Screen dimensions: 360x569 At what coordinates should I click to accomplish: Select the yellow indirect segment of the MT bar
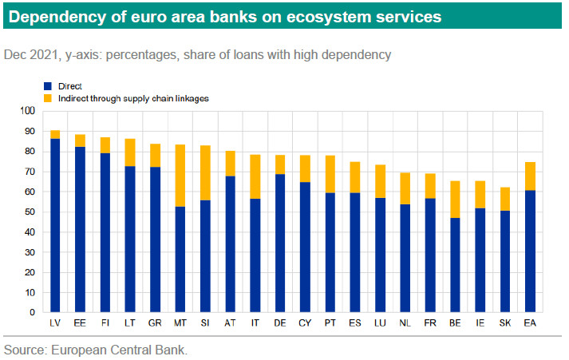[x=181, y=176]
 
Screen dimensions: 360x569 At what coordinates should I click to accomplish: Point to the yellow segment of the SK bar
[x=504, y=199]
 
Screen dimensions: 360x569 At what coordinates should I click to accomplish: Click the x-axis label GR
[x=154, y=322]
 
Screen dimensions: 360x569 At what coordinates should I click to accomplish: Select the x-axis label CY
[x=304, y=322]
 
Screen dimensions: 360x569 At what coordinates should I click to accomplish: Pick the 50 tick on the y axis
[x=30, y=212]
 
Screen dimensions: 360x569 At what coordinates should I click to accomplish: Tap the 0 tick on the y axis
[x=32, y=313]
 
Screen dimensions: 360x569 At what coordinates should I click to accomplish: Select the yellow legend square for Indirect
[x=47, y=97]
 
